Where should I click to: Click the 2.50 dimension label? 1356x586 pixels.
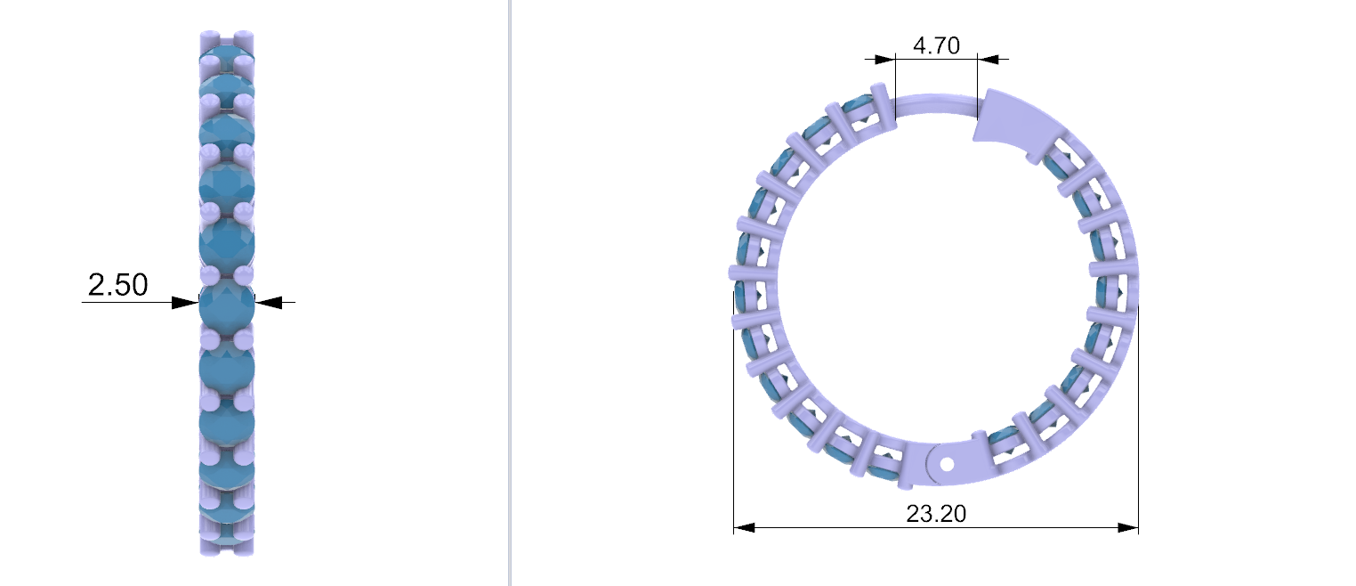coord(118,284)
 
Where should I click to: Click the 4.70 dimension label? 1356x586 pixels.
coord(936,45)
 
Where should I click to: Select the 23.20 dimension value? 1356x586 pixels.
coord(936,514)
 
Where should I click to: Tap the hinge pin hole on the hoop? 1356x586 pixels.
coord(948,465)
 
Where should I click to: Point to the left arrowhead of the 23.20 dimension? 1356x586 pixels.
coord(744,528)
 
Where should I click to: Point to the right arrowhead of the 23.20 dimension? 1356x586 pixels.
coord(1128,528)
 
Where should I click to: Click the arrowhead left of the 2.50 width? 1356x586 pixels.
coord(185,303)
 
